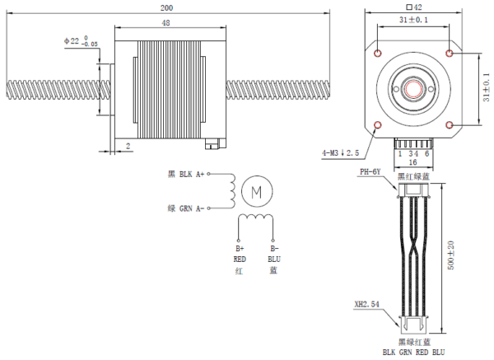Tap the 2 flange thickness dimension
(129, 146)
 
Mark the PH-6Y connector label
(370, 172)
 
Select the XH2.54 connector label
(366, 304)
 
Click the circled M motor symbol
(256, 192)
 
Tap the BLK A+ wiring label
(185, 175)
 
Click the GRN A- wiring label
(185, 208)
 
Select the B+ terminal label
(240, 248)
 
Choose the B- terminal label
(274, 248)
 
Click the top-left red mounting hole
(378, 53)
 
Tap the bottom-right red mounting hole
(450, 124)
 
